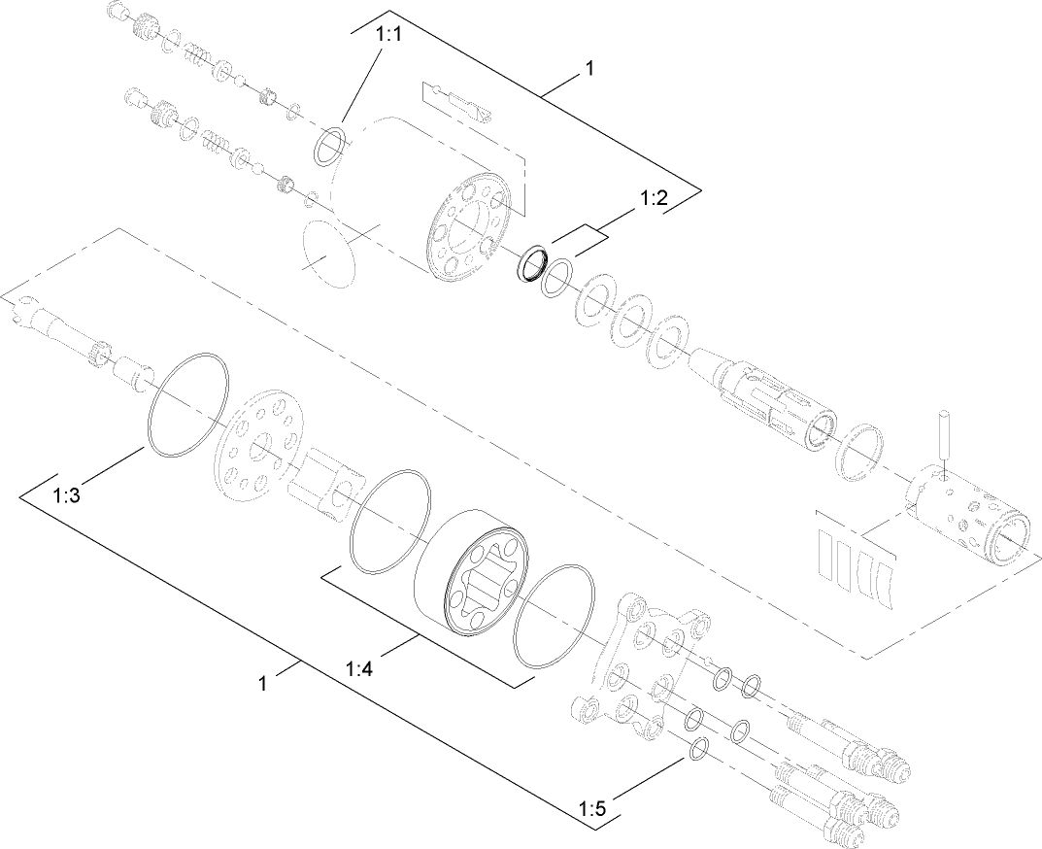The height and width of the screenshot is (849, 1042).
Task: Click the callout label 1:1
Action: [388, 34]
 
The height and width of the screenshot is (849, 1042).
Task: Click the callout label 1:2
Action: [654, 199]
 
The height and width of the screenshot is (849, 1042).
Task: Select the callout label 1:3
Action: [66, 494]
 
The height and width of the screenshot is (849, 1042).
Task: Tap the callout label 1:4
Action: [361, 669]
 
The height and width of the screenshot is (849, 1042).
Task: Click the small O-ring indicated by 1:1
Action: [330, 145]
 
